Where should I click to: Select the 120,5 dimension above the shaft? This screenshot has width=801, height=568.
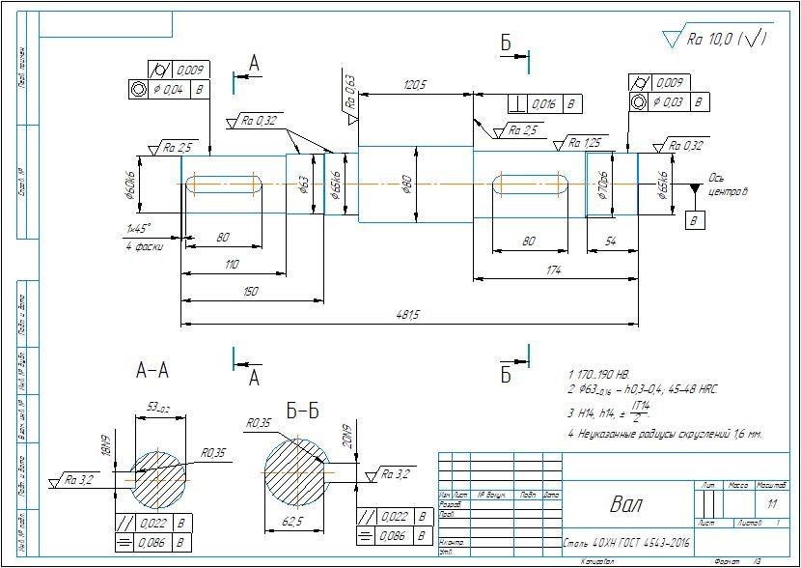click(415, 86)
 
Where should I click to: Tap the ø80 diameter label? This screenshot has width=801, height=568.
click(407, 184)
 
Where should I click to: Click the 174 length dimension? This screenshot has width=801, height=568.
click(553, 271)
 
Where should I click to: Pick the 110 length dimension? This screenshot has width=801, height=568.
click(232, 265)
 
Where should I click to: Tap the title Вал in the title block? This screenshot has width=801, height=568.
click(624, 504)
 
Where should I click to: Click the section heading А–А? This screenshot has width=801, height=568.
click(152, 369)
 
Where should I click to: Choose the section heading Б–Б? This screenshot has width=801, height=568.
click(304, 412)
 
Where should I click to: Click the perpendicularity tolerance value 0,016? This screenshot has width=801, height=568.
click(544, 103)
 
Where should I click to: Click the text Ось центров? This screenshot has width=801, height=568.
click(728, 185)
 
